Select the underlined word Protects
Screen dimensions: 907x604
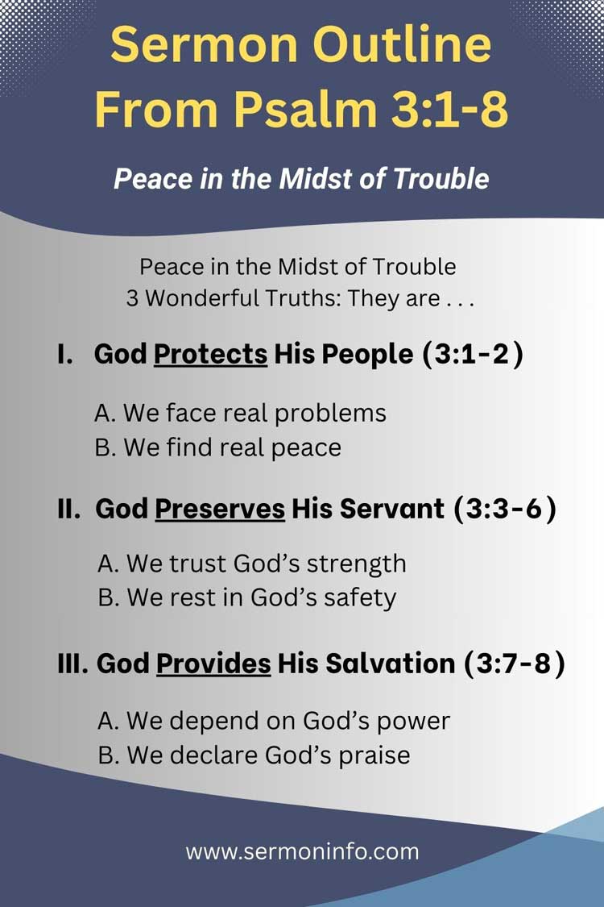(210, 354)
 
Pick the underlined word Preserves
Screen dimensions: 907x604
(220, 509)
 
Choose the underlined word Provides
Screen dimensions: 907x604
(213, 663)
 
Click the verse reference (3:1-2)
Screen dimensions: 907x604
(473, 354)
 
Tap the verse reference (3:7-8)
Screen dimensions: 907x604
(515, 663)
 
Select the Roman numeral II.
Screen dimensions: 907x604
(70, 509)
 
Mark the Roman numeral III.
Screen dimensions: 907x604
(74, 663)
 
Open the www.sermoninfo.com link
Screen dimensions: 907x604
(302, 851)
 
